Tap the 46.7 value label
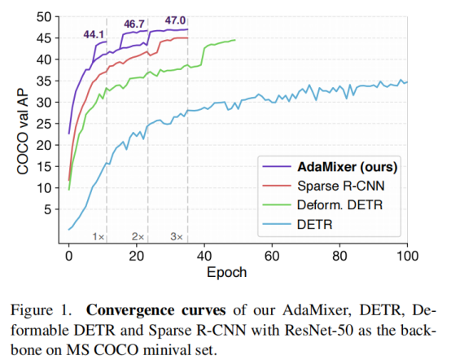coord(134,26)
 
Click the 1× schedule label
coord(99,236)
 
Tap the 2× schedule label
coord(138,236)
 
